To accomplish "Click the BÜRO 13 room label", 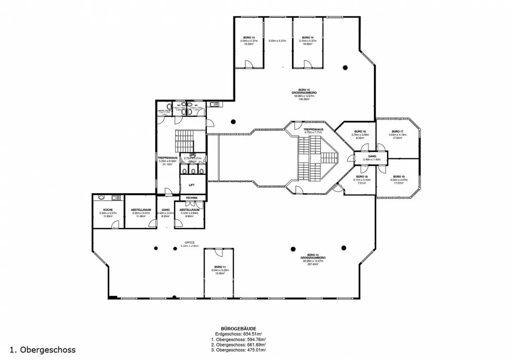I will pos(249,37).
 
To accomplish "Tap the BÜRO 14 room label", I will pos(308,37).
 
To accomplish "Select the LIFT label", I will pos(192,185).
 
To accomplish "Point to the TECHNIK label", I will pos(192,198).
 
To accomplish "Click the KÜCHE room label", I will pos(108,210).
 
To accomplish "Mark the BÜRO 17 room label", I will pos(397,131).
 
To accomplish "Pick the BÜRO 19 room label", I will pos(399,177).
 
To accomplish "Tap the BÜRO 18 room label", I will pos(361,177).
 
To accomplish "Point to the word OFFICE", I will pos(190,243).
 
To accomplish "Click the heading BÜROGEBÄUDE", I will pos(238,329).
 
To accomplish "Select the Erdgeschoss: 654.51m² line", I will pos(238,334).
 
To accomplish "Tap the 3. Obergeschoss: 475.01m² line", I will pos(238,350).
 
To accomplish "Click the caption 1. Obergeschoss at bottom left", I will pos(43,350).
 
